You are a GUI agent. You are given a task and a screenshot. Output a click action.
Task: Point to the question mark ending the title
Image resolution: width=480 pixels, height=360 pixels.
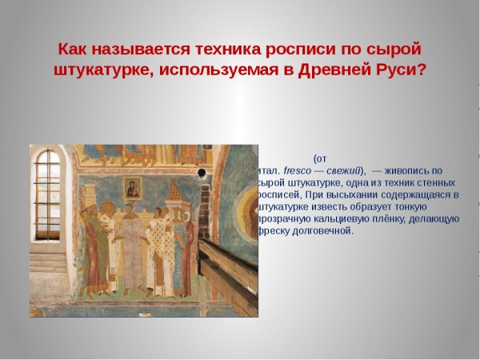[421, 70]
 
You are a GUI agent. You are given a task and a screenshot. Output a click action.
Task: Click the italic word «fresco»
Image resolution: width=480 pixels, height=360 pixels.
[297, 170]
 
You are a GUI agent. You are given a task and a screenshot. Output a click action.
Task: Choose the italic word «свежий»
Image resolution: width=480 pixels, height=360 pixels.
[343, 170]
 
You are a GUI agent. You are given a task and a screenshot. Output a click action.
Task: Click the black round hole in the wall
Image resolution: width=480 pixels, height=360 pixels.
[202, 173]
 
